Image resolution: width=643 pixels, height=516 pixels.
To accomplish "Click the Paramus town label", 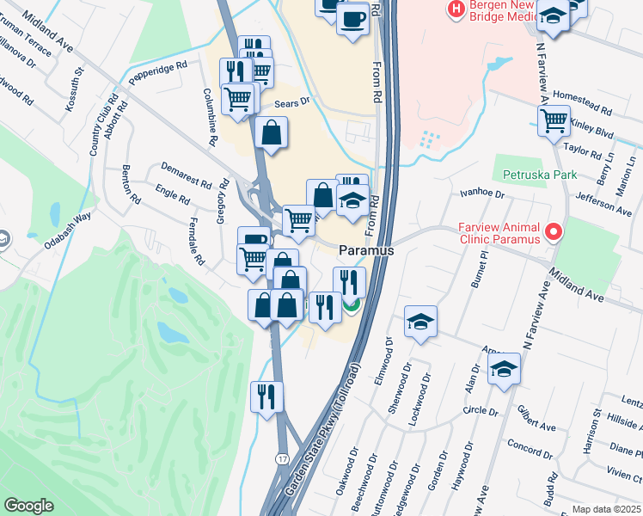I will point(366,250).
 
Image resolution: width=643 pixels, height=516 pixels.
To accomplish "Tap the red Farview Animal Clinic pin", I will point(554,231).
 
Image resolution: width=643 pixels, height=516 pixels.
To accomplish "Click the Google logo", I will point(28,506).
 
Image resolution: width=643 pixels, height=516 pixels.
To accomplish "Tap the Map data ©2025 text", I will point(606,509).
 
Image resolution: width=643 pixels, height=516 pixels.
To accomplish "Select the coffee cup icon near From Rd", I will point(352,19).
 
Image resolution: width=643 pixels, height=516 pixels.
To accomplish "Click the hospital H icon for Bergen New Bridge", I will point(453,9).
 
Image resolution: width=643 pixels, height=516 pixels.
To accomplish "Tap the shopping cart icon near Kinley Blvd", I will point(554,121).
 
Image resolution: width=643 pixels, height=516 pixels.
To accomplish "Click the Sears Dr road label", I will point(291,101).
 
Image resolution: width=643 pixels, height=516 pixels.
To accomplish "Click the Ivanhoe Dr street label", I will point(481,194).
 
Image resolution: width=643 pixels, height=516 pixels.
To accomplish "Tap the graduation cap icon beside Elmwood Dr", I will point(420,322).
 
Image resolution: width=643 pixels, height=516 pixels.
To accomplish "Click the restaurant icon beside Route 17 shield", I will point(266,396).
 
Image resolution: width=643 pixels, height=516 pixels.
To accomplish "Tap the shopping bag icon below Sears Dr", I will point(271,132).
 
